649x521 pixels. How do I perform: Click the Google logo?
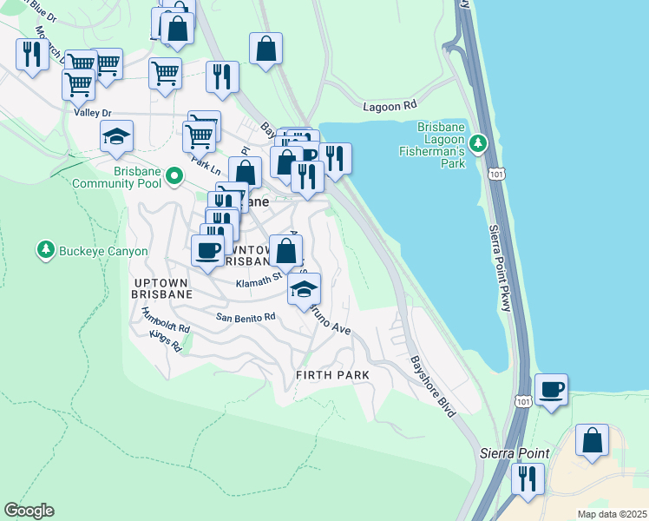[29, 511]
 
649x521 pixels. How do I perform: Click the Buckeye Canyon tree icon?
[45, 251]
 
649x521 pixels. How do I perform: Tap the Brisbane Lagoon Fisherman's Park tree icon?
[478, 141]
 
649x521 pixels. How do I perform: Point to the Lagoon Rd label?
[389, 105]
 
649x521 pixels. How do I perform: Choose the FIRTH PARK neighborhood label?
[332, 375]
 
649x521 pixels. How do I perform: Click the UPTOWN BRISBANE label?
[163, 288]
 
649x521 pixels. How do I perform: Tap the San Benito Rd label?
[246, 317]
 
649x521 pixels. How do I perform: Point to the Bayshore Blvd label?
[432, 386]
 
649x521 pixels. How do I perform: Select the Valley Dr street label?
[93, 113]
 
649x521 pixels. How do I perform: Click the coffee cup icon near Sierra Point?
[551, 388]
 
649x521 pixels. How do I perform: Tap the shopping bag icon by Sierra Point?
[592, 439]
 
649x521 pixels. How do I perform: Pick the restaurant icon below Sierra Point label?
[527, 478]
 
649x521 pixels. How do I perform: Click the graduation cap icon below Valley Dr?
[116, 135]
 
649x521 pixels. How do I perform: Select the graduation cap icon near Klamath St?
[304, 289]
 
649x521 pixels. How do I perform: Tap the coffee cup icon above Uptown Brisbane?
[206, 251]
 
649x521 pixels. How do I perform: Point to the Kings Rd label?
[165, 341]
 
